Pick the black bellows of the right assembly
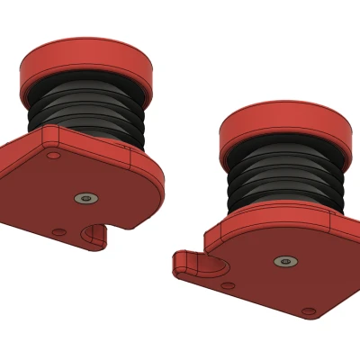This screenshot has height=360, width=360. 283,180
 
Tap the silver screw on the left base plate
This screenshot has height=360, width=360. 85,197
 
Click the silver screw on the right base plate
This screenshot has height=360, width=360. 284,261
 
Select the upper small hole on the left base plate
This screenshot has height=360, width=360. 53,156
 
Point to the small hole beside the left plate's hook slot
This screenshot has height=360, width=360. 58,232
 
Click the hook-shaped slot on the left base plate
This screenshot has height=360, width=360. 93,237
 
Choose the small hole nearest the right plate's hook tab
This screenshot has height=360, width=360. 229,285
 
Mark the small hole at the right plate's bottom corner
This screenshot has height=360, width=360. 309,312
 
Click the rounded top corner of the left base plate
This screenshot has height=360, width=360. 49,133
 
